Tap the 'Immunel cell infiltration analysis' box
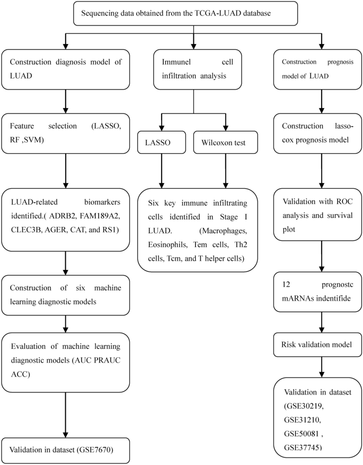(x=193, y=69)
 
